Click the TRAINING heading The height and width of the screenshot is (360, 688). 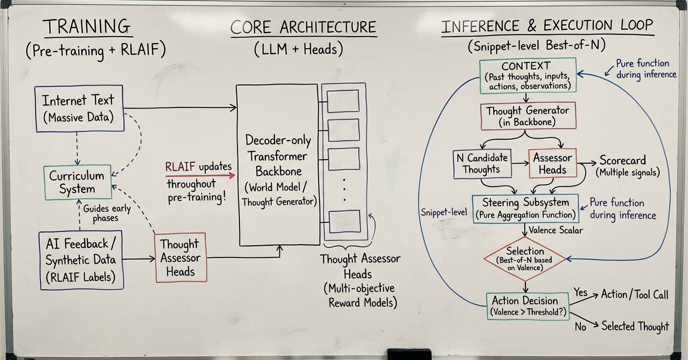pyautogui.click(x=88, y=27)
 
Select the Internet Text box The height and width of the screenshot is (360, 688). pyautogui.click(x=79, y=108)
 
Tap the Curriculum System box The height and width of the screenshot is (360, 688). pyautogui.click(x=77, y=182)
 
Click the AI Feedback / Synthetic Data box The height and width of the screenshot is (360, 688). pyautogui.click(x=81, y=260)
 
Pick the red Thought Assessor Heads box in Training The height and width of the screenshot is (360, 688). pyautogui.click(x=180, y=257)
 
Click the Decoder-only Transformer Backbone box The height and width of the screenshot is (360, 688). pyautogui.click(x=277, y=165)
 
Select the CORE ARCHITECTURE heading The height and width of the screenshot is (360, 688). pyautogui.click(x=303, y=27)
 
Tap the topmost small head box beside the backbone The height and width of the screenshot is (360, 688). pyautogui.click(x=343, y=101)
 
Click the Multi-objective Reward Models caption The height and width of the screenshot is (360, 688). pyautogui.click(x=360, y=295)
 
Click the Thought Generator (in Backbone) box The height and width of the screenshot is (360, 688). pyautogui.click(x=528, y=116)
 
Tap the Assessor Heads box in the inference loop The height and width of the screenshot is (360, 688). pyautogui.click(x=553, y=164)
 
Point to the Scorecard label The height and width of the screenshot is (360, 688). pyautogui.click(x=622, y=160)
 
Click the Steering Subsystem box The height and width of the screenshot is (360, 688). pyautogui.click(x=525, y=208)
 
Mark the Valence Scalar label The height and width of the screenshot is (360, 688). pyautogui.click(x=556, y=230)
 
